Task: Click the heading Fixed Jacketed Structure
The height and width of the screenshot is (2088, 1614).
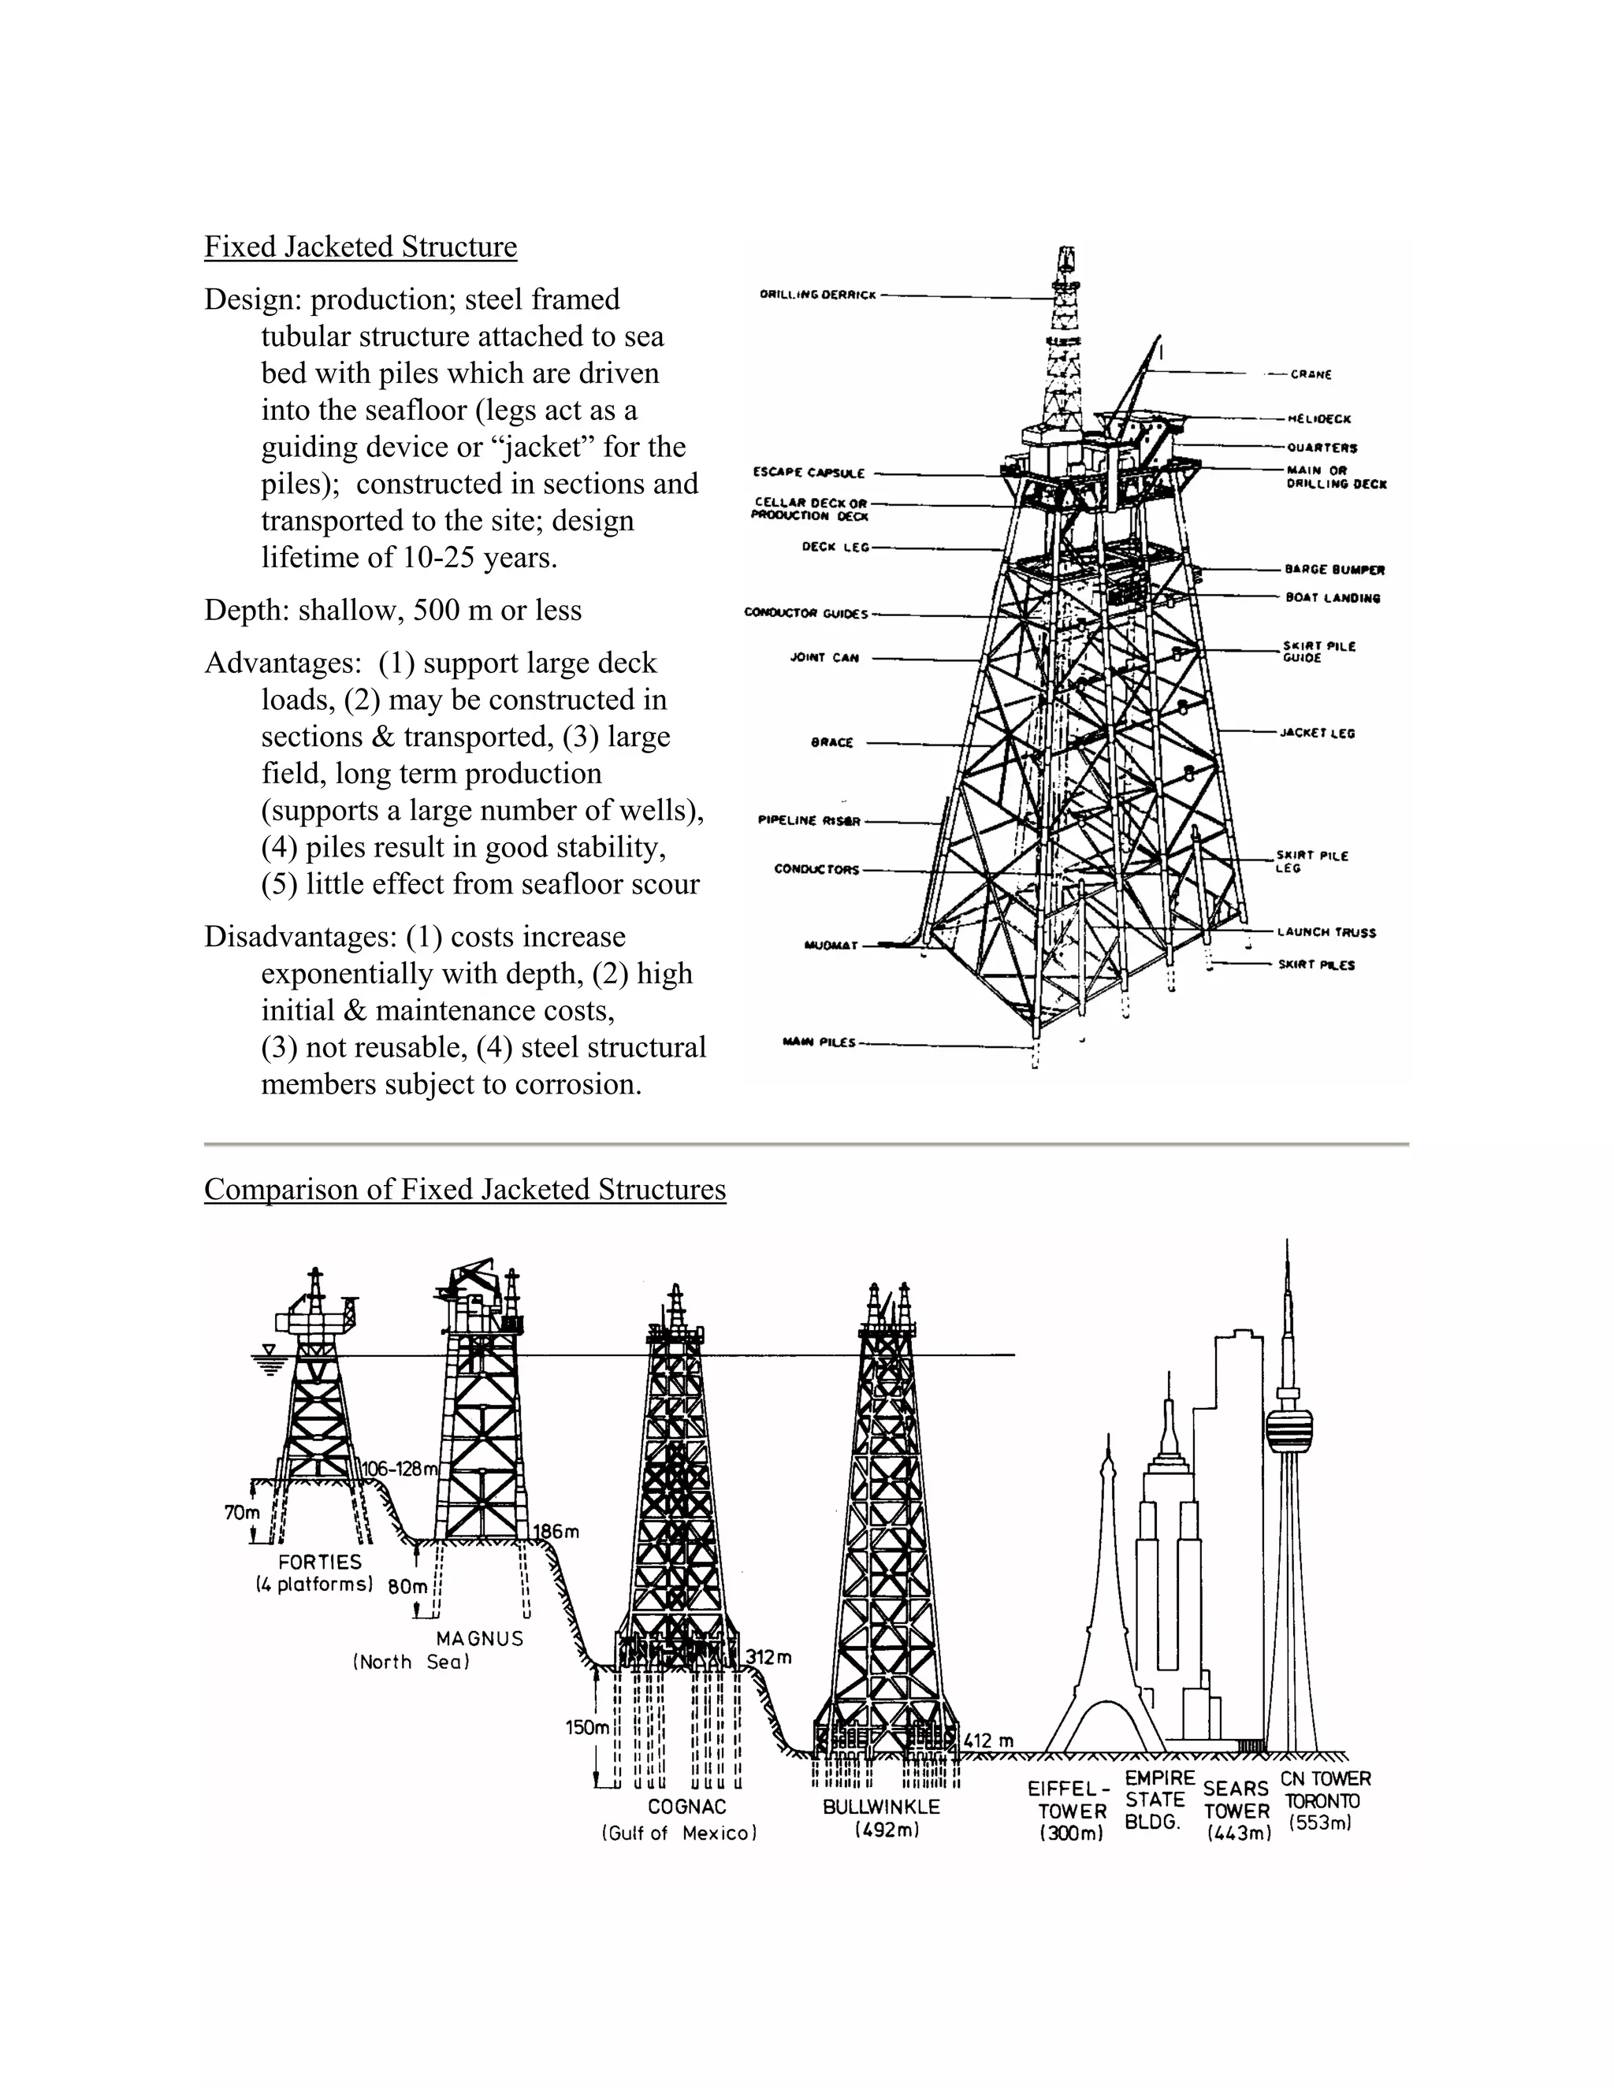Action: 360,247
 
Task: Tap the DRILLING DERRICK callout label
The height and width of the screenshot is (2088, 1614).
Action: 817,295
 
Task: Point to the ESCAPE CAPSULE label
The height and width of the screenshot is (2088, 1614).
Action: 809,472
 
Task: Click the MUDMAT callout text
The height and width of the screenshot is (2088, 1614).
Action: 831,946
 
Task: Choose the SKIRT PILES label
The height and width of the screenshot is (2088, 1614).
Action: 1317,964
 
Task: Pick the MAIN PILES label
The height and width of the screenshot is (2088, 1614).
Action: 819,1042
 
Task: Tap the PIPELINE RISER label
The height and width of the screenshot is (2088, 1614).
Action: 809,820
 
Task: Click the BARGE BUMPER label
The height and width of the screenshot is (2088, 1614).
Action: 1334,570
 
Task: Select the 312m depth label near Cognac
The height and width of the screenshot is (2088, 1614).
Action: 768,1657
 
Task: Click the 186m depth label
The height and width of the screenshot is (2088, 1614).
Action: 556,1532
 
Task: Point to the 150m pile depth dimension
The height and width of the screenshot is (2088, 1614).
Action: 587,1728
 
